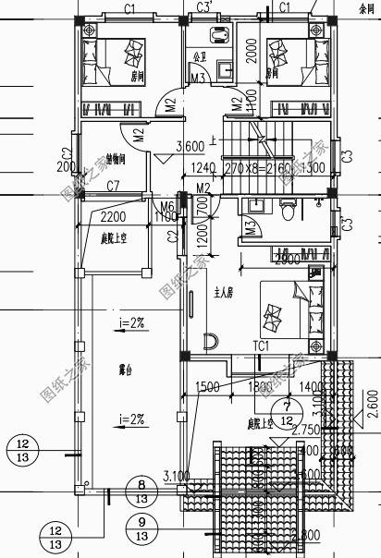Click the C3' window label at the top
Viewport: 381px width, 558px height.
point(205,7)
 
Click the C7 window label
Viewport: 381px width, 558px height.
point(113,187)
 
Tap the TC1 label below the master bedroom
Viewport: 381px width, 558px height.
point(261,346)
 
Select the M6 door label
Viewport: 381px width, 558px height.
point(167,206)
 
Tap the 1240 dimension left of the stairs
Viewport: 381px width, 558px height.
point(203,168)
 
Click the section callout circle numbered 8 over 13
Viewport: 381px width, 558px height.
point(141,490)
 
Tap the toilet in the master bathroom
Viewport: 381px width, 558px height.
point(288,212)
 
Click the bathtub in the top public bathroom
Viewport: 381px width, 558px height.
point(220,38)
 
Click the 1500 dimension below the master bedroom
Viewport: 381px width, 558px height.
point(207,385)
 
